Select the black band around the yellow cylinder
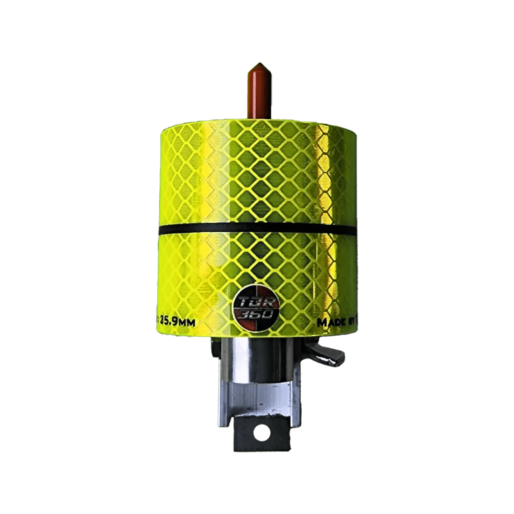[x=257, y=229]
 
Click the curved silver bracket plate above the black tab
[x=259, y=400]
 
